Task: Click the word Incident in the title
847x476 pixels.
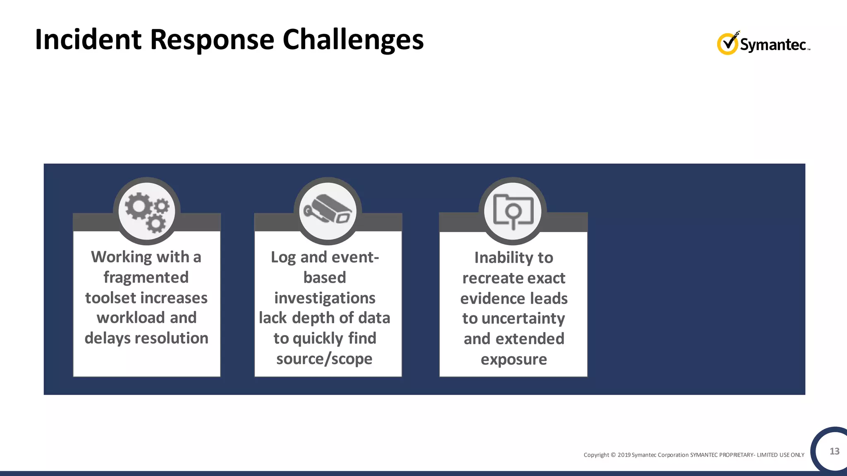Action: pyautogui.click(x=88, y=40)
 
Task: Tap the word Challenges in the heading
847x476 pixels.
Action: pyautogui.click(x=353, y=40)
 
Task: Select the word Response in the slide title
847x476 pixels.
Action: pyautogui.click(x=212, y=40)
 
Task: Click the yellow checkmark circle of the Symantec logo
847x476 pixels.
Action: pyautogui.click(x=727, y=44)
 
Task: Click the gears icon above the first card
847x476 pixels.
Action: pyautogui.click(x=147, y=212)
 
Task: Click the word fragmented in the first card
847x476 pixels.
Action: pyautogui.click(x=146, y=277)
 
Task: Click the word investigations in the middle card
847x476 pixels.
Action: pyautogui.click(x=325, y=298)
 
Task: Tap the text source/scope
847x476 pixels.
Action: pyautogui.click(x=324, y=359)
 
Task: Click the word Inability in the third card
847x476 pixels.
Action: pyautogui.click(x=504, y=257)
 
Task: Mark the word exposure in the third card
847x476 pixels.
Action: pyautogui.click(x=514, y=359)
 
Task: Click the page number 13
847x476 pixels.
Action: pyautogui.click(x=834, y=451)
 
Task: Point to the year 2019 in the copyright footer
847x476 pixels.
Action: pyautogui.click(x=624, y=455)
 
